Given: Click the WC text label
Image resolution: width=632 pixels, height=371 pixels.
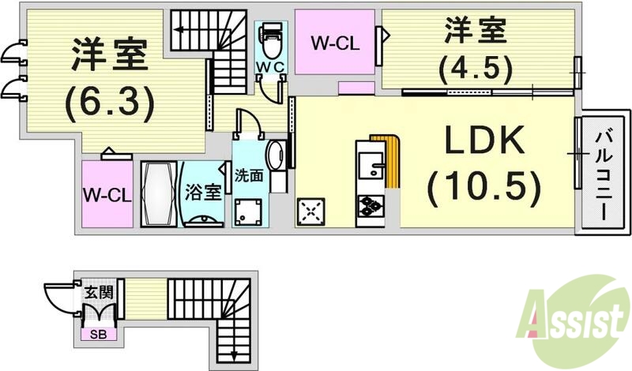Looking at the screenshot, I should tap(269, 68).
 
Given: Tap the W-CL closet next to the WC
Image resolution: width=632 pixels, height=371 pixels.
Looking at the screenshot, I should tap(334, 43).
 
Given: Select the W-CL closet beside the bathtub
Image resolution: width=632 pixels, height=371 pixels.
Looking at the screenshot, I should tap(106, 194).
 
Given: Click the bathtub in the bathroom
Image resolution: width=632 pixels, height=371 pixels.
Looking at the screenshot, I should tap(160, 194).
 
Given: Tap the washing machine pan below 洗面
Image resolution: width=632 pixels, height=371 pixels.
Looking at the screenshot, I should tap(251, 211).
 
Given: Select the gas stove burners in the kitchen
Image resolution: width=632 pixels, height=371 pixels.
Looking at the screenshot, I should tap(370, 207).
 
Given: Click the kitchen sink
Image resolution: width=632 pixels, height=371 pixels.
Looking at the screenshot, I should tap(369, 165).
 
